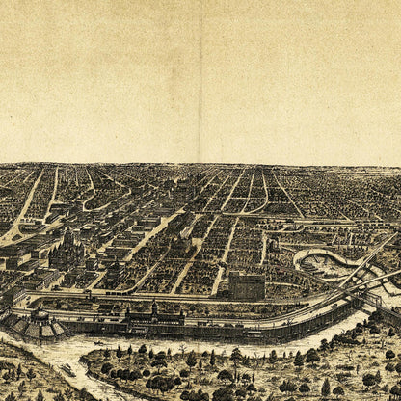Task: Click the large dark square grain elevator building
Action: point(246,285)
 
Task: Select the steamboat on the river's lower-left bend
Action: point(67,369)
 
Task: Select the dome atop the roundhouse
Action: point(40,314)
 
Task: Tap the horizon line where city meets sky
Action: point(200,164)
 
